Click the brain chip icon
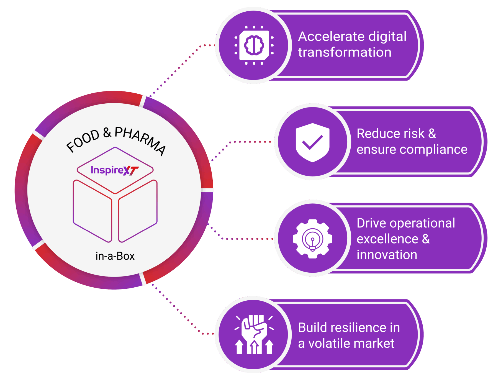pos(254,45)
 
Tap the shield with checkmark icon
pos(312,142)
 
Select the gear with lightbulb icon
pos(312,239)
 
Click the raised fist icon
pos(254,335)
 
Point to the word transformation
pos(345,52)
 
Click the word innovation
pos(387,255)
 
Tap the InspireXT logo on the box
pos(114,170)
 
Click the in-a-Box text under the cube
pos(115,256)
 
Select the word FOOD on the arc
pos(83,140)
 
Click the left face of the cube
pos(92,211)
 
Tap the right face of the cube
pos(138,211)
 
